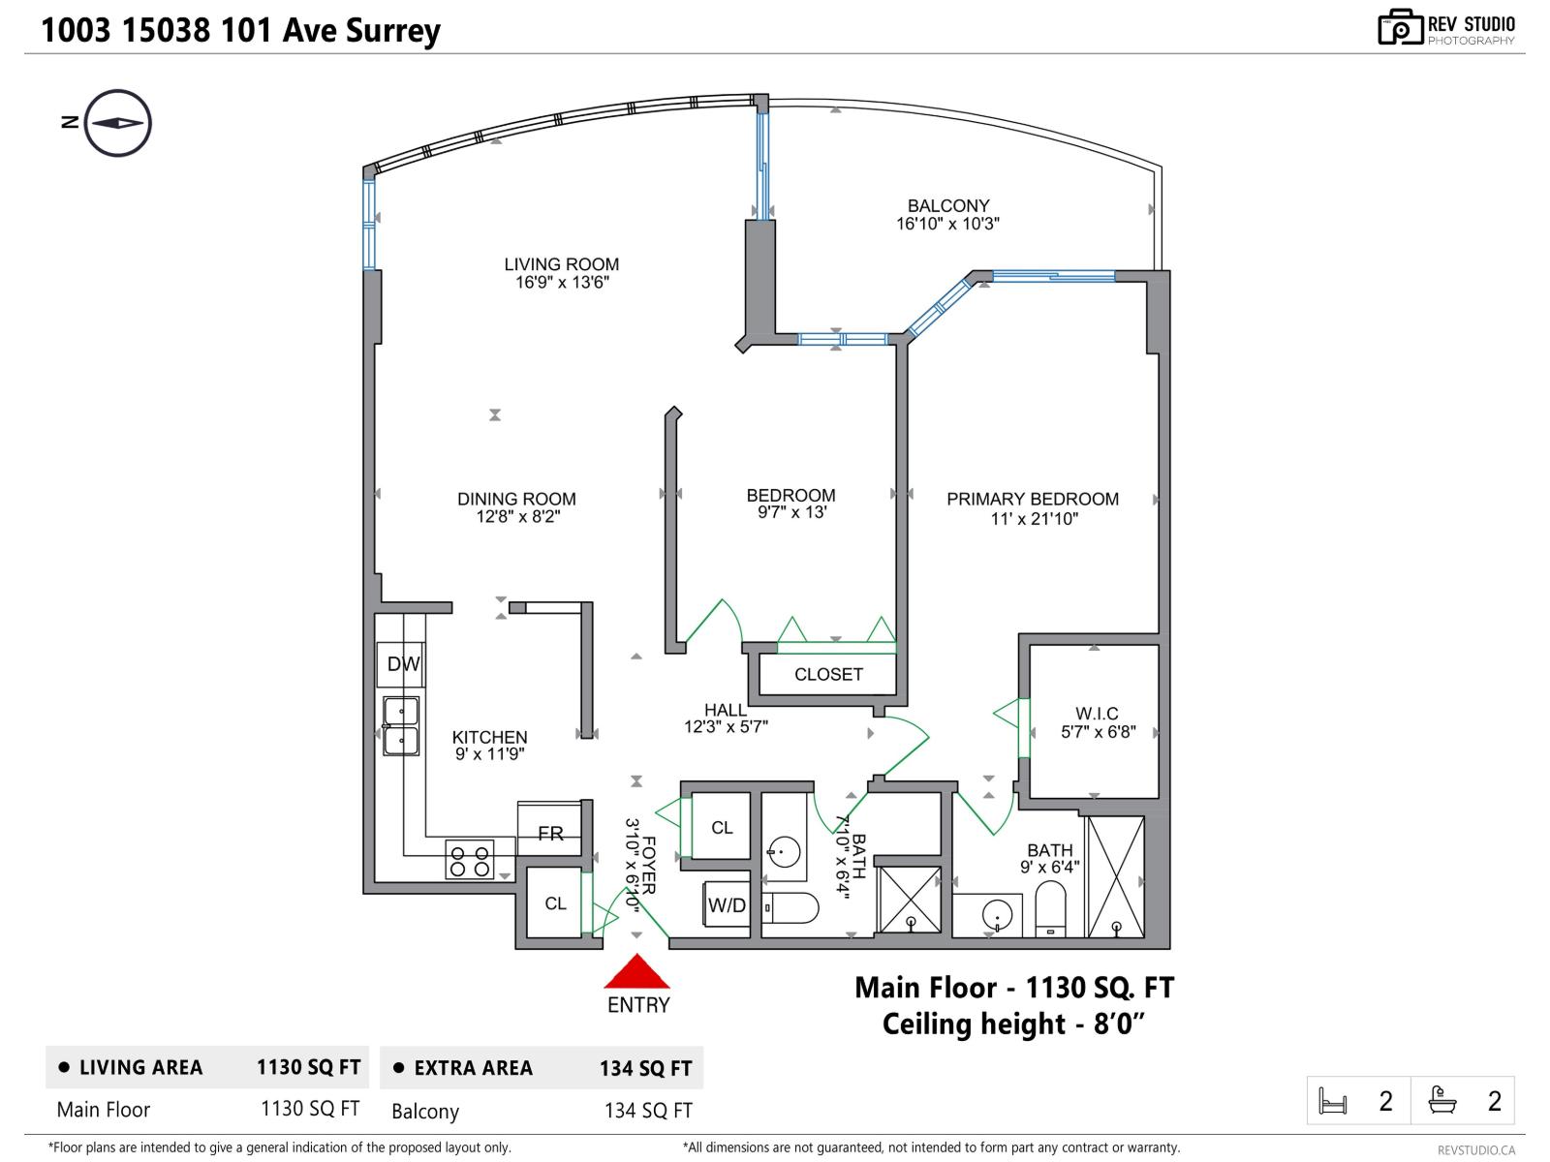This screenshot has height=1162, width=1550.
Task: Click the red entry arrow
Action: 636,972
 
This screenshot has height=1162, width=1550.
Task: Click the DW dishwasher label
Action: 403,664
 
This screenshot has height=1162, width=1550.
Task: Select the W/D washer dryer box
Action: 727,905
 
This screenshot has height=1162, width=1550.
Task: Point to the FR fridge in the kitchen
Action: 550,832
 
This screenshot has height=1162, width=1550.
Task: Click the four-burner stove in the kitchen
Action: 470,860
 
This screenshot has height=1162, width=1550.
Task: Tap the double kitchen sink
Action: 401,726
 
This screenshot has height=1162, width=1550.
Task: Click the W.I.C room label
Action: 1097,714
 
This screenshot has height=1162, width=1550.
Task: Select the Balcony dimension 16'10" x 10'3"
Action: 947,224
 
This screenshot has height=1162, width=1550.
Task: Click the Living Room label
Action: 561,264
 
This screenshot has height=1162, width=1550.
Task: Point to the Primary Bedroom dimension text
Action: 1034,519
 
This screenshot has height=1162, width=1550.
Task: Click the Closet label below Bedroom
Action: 828,675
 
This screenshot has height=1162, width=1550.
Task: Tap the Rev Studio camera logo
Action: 1400,28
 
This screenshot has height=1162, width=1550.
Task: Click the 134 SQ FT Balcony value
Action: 648,1111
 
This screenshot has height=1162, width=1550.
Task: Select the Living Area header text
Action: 140,1068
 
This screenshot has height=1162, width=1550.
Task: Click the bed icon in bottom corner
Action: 1333,1101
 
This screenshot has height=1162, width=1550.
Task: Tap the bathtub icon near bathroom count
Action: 1442,1100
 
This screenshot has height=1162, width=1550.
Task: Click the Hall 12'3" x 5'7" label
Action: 726,719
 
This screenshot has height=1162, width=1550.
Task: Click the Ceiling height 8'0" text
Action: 1013,1024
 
